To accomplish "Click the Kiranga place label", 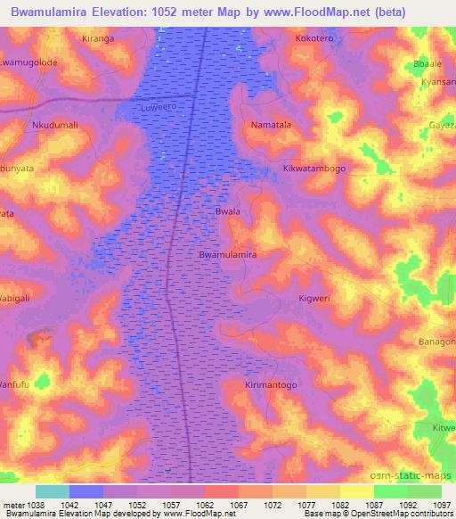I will coord(99,40).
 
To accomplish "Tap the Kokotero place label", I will coord(315,40).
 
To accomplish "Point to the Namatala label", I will coord(272,126).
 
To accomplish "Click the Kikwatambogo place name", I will coord(313,168).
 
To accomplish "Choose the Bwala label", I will coord(228,212).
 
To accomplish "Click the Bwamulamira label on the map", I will coord(228,255).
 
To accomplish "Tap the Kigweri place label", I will coord(314,299).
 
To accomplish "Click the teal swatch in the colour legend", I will coord(53,491).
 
